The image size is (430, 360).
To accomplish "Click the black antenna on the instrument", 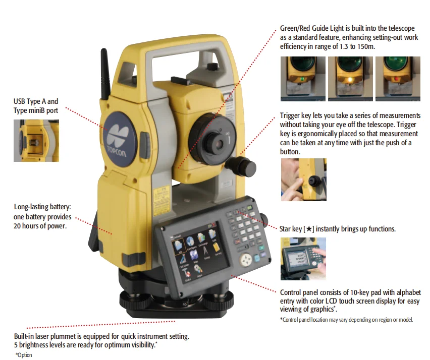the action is pyautogui.click(x=105, y=74).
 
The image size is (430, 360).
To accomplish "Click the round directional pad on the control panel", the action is pyautogui.click(x=246, y=259).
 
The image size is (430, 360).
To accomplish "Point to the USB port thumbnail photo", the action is pyautogui.click(x=36, y=141).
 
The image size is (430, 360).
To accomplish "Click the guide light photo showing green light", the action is pyautogui.click(x=303, y=79).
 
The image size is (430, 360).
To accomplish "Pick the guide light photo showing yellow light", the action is pyautogui.click(x=350, y=79).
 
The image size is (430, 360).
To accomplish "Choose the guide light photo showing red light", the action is pyautogui.click(x=398, y=79).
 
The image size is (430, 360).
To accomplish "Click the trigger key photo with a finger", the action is pyautogui.click(x=304, y=179).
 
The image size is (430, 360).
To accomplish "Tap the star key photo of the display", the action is pyautogui.click(x=303, y=259).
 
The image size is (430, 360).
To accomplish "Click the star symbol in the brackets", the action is pyautogui.click(x=309, y=229).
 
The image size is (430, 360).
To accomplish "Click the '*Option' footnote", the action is pyautogui.click(x=24, y=355).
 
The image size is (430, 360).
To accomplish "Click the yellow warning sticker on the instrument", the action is pyautogui.click(x=162, y=201).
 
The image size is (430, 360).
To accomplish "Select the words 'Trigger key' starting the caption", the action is pyautogui.click(x=295, y=116).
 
